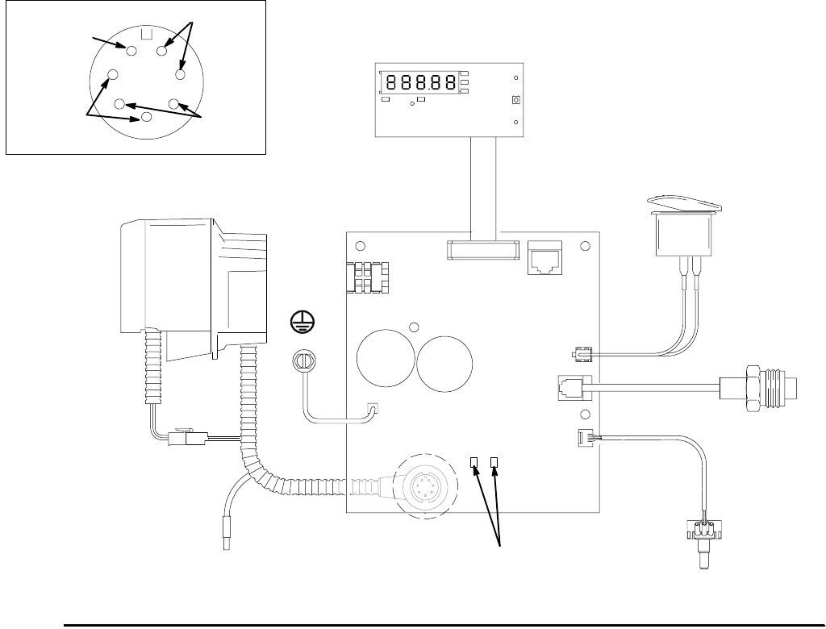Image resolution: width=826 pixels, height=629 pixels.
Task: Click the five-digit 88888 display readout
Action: click(x=419, y=81)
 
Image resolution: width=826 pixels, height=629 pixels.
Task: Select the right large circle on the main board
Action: click(x=446, y=363)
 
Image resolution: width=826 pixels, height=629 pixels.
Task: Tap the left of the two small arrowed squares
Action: click(x=475, y=462)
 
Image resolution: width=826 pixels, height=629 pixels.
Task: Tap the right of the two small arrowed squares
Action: click(x=495, y=462)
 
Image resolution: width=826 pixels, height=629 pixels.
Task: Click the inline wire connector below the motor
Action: click(x=188, y=439)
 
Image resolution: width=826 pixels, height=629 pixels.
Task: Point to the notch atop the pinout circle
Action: click(x=147, y=34)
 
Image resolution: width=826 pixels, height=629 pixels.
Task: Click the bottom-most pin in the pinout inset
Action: click(x=146, y=117)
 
